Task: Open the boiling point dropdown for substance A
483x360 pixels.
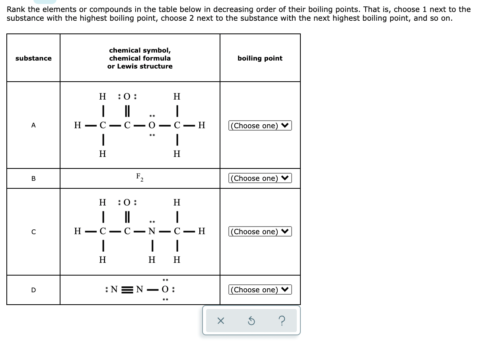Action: pos(260,126)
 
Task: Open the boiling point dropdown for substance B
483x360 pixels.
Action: pos(260,178)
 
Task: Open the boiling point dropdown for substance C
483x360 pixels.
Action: pos(260,232)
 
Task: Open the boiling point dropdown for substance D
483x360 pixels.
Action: pos(260,290)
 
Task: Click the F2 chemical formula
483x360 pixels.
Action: pos(140,177)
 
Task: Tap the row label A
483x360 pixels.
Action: pos(33,125)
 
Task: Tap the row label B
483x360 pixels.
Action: pos(33,178)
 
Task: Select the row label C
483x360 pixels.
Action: pos(33,232)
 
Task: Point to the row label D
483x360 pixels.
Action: pos(33,290)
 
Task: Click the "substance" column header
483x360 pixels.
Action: pos(33,58)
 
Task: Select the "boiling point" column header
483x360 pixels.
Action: pos(260,58)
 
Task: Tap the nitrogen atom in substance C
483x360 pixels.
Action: pos(152,231)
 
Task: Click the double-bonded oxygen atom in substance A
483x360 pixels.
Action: pos(127,96)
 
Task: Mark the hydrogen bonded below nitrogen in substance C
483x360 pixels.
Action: pos(152,260)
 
